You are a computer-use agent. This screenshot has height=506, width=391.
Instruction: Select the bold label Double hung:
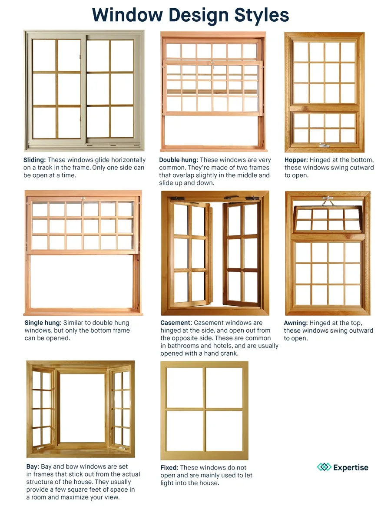pos(178,160)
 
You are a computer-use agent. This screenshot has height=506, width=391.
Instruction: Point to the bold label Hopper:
pos(296,160)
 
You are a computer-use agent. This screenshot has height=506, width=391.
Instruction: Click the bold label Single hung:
pos(43,323)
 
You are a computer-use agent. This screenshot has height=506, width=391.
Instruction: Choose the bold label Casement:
pos(176,323)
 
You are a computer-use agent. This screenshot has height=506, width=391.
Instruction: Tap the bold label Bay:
pos(33,467)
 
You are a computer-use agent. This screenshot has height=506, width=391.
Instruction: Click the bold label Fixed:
pos(169,468)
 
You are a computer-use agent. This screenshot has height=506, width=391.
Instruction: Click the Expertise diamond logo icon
pos(324,467)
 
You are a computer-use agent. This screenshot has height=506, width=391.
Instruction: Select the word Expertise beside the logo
pos(351,468)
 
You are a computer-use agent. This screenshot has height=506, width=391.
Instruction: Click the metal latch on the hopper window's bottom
pos(324,146)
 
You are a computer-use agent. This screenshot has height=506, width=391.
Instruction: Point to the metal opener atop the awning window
pos(328,201)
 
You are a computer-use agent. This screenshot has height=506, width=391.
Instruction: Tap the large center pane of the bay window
pos(82,407)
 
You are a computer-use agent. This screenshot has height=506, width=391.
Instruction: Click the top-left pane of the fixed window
pos(185,387)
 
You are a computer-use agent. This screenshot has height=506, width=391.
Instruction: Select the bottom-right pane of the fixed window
pos(224,431)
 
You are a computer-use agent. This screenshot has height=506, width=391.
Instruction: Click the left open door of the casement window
pos(191,254)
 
